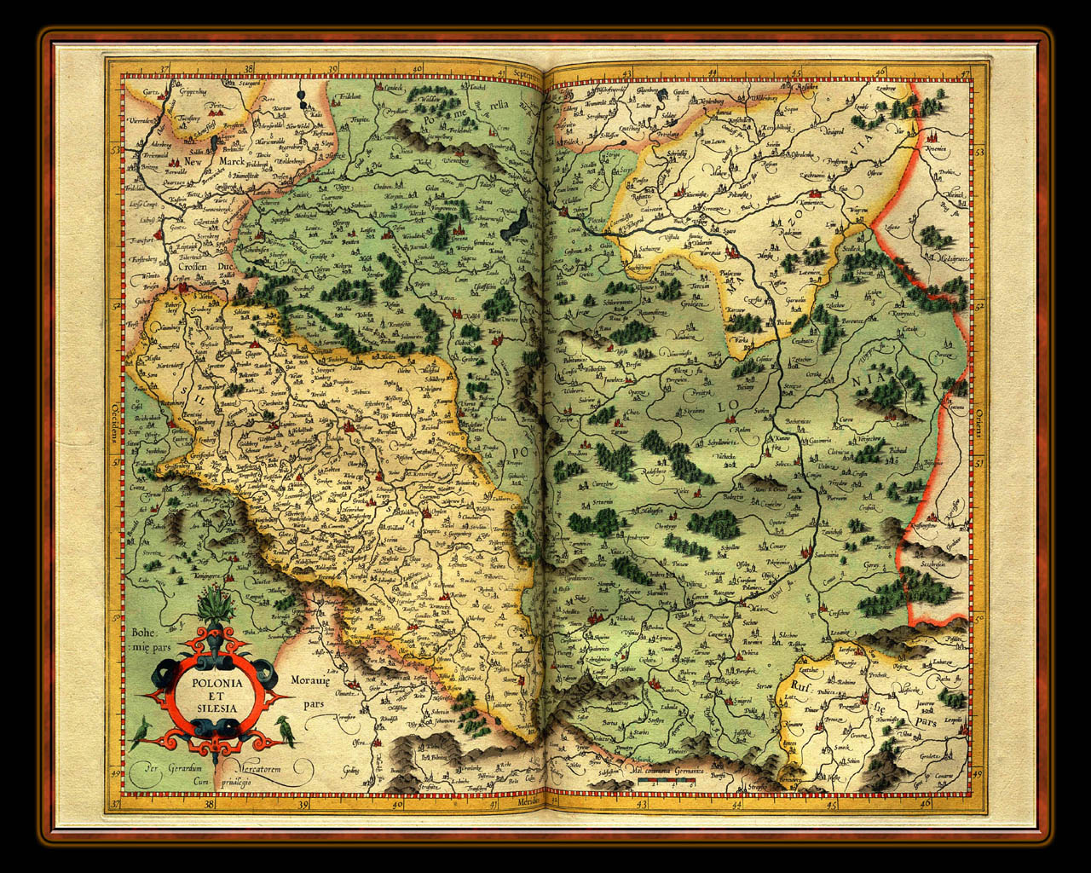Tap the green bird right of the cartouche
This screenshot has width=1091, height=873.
click(x=286, y=731)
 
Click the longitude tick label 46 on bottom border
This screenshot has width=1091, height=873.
click(x=926, y=802)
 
